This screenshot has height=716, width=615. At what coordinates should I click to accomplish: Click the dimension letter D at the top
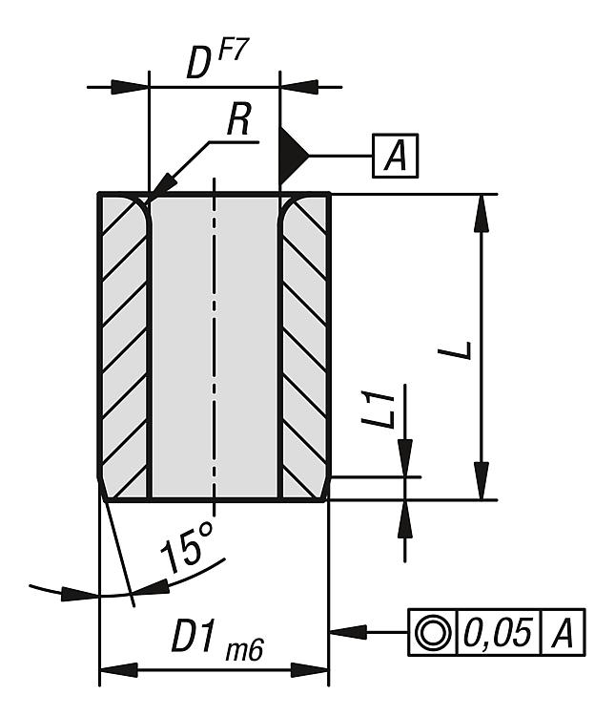click(x=197, y=64)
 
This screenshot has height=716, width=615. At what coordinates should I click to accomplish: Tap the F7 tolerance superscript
click(x=232, y=53)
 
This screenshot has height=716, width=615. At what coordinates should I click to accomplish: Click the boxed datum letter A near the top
click(x=395, y=156)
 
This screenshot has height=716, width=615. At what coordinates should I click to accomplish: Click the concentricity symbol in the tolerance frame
click(x=433, y=632)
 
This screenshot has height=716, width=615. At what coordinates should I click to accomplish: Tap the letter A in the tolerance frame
click(x=564, y=632)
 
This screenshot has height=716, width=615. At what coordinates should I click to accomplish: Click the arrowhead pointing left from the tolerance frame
click(x=345, y=632)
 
